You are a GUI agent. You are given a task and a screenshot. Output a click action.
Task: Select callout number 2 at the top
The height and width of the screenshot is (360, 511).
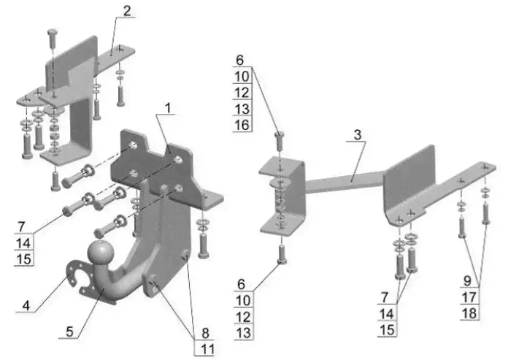(x=128, y=11)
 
